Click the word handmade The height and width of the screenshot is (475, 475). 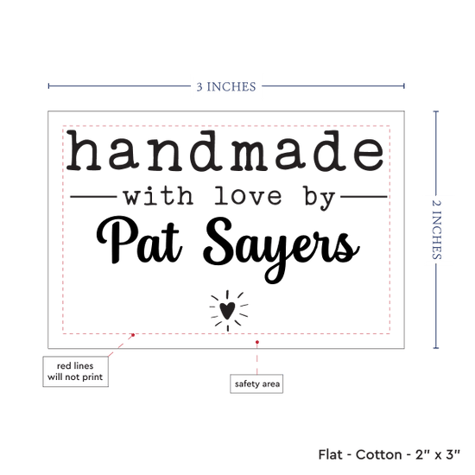225,150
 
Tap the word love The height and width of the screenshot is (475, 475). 248,196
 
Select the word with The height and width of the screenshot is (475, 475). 158,196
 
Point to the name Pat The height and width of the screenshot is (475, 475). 139,240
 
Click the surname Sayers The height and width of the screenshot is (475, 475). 282,249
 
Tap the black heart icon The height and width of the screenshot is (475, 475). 227,311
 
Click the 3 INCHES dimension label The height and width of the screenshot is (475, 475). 226,86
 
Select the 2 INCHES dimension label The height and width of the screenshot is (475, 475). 436,230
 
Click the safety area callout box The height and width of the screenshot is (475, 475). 256,383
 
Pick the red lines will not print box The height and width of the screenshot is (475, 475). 75,371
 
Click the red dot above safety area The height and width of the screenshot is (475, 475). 257,342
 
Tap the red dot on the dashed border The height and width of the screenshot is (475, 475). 133,335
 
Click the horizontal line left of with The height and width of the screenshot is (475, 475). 93,197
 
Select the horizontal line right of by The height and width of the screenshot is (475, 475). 364,197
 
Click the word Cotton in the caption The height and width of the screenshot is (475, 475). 378,454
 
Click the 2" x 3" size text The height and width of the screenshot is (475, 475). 438,454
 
